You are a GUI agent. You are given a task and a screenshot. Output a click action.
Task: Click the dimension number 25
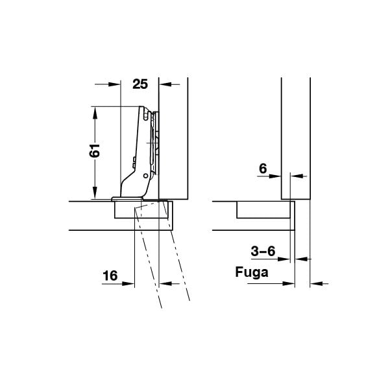[x=140, y=84]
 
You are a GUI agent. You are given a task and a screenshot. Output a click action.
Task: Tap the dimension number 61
[x=95, y=150]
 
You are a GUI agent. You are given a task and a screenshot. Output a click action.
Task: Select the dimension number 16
[x=110, y=276]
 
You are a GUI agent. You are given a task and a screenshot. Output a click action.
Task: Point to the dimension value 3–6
[x=263, y=251]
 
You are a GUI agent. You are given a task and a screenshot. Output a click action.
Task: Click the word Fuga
[x=252, y=272]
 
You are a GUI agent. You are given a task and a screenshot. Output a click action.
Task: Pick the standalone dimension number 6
[x=263, y=169]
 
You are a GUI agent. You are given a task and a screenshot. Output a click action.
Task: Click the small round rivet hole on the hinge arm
[x=146, y=176]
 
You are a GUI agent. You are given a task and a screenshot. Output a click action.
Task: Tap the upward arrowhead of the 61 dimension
[x=95, y=113]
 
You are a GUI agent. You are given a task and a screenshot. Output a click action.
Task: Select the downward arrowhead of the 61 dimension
[x=95, y=193]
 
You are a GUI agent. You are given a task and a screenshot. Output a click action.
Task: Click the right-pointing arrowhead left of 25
[x=114, y=84]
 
